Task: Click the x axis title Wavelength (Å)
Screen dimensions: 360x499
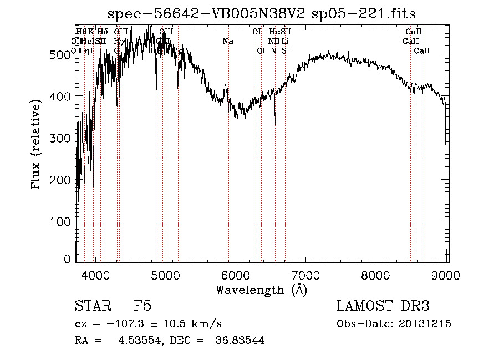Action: point(261,290)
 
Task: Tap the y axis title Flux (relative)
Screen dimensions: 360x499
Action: point(37,146)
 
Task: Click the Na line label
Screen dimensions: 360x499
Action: point(228,41)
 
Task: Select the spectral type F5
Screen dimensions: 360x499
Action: point(142,306)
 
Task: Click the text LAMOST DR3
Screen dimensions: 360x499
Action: point(383,306)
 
